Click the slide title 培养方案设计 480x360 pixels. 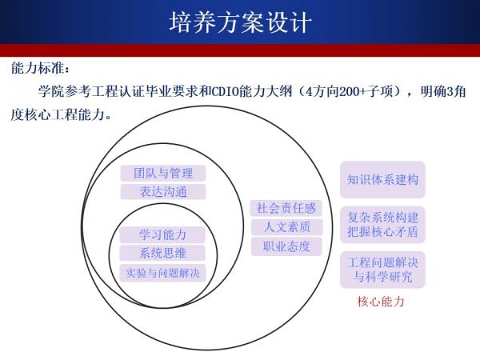point(240,22)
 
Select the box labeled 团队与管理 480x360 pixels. point(163,173)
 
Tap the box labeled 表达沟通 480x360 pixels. point(163,192)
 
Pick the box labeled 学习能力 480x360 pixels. point(162,234)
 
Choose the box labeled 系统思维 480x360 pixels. point(162,254)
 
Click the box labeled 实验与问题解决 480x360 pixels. point(162,273)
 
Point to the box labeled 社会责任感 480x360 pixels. point(286,208)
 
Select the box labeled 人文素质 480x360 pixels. point(286,227)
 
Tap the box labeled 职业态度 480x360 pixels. point(286,246)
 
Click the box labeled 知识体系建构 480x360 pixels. point(382,179)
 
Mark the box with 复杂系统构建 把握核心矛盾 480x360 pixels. point(382,225)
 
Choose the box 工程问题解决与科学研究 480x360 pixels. point(382,270)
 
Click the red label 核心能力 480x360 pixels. point(382,302)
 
